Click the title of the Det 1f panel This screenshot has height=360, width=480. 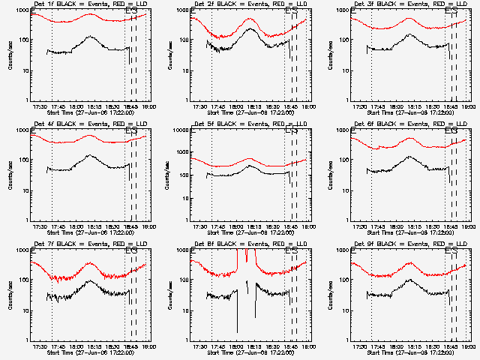pos(91,5)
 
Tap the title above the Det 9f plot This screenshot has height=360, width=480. pos(411,245)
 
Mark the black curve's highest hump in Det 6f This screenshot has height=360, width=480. pos(409,157)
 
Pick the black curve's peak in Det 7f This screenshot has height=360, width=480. pos(90,282)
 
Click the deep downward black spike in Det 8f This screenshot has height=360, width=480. pos(237,330)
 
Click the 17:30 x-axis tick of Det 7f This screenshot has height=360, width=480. pos(42,346)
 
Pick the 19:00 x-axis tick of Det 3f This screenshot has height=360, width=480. pos(466,106)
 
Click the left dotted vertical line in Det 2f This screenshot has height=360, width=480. pos(212,60)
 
